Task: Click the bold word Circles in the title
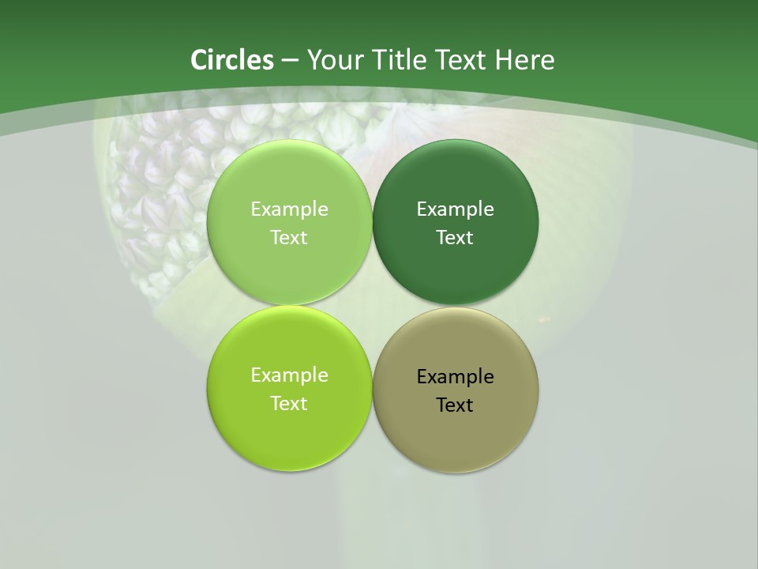click(231, 60)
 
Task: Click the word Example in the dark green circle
click(455, 209)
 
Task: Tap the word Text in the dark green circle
click(455, 238)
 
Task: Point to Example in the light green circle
click(289, 209)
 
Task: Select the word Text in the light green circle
click(289, 238)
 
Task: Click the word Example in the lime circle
click(289, 375)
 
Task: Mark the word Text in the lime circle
click(289, 404)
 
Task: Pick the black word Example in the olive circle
click(455, 377)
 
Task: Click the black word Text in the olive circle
click(455, 405)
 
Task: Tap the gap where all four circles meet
click(372, 306)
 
